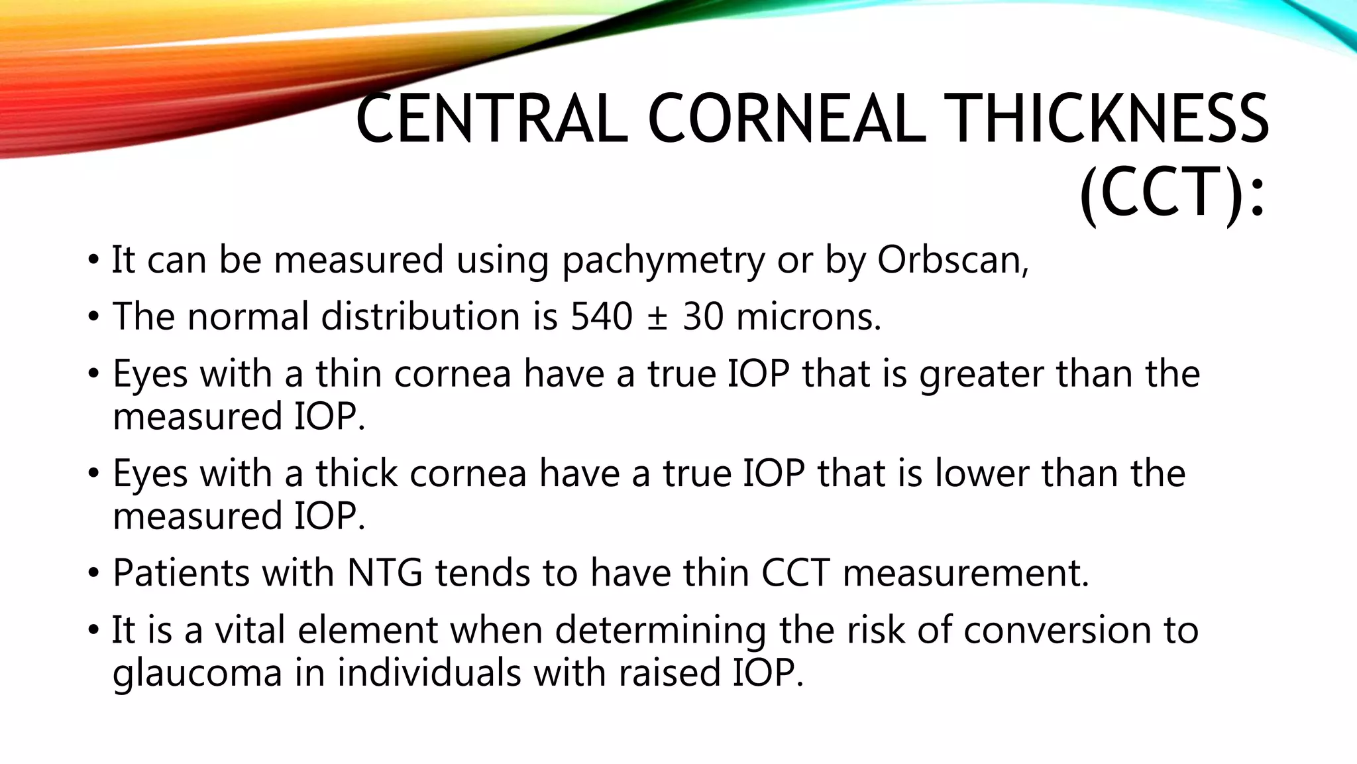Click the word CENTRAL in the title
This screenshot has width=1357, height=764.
491,119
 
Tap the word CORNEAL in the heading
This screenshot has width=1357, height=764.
785,119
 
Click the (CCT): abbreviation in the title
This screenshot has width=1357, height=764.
1172,193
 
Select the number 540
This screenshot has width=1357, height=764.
602,316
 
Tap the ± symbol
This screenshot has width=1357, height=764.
657,318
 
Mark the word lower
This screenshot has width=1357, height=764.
981,474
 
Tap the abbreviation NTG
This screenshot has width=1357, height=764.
384,573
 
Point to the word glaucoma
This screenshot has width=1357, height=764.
197,674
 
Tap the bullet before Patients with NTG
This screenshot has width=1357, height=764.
93,573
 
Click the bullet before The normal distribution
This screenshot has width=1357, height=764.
93,317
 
